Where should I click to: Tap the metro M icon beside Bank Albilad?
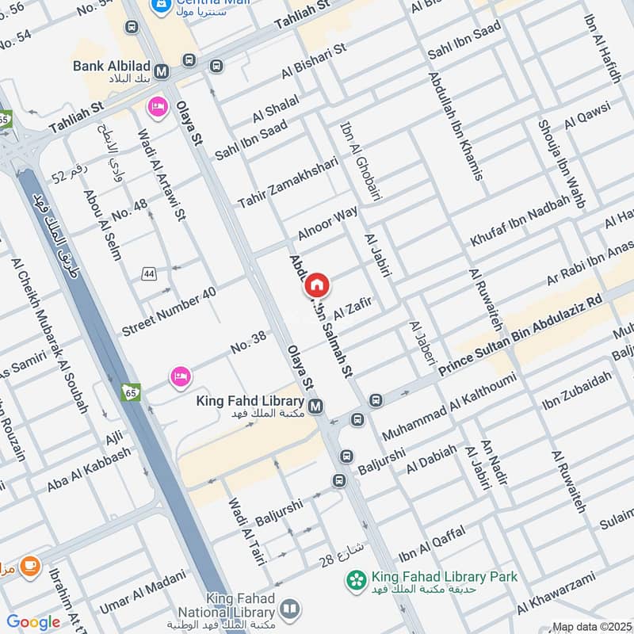coord(162,72)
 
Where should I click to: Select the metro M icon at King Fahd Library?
coord(316,407)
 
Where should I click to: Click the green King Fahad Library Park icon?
coord(356,581)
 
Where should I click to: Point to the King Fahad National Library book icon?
coord(290,609)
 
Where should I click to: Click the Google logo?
coord(33,622)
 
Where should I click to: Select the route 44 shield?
coord(148,273)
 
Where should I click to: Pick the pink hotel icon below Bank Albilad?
coord(157,105)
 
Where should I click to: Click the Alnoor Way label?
coord(328,224)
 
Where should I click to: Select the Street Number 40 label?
coord(169,311)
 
